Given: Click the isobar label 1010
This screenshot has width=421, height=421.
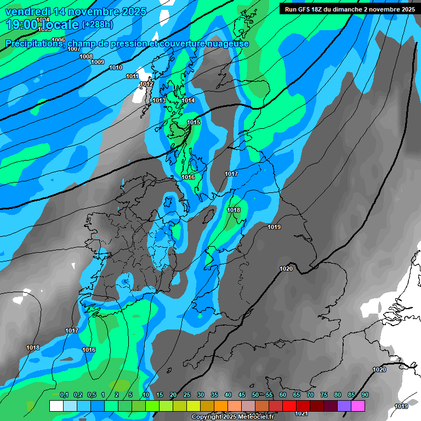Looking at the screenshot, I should click(116, 67).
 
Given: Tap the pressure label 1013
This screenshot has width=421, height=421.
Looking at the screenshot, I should click(159, 100).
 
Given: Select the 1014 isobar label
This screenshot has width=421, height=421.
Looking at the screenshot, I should click(188, 100).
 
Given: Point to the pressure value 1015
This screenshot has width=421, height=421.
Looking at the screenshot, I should click(194, 122).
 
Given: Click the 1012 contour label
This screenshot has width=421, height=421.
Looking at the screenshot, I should click(146, 84).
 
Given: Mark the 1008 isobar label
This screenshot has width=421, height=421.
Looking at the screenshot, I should click(86, 56).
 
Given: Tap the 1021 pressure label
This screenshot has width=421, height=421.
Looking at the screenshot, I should click(302, 413).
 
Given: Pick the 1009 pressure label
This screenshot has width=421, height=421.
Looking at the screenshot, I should click(98, 62).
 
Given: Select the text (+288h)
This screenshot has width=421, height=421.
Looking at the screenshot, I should click(98, 25).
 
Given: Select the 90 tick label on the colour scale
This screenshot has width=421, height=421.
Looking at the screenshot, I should click(365, 395).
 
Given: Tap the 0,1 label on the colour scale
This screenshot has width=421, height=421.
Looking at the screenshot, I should click(64, 395).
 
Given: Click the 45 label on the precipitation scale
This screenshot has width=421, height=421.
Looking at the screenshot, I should click(242, 395).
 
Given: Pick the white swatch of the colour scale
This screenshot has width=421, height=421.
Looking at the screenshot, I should click(56, 406).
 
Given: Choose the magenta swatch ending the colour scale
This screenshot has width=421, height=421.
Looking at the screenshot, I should click(358, 406).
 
